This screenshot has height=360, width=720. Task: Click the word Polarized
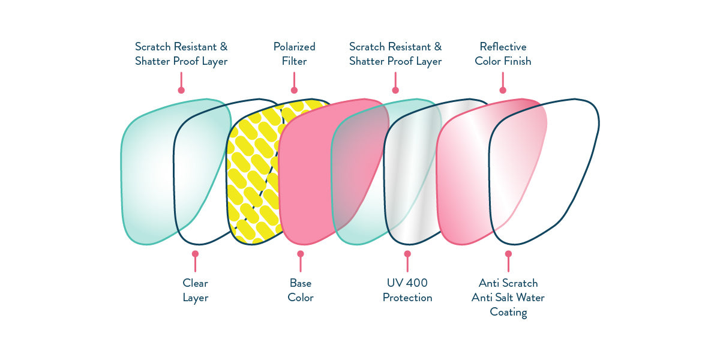click(294, 47)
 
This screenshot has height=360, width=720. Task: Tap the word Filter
click(294, 61)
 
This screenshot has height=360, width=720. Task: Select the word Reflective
click(503, 47)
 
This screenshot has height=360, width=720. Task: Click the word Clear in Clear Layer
click(195, 283)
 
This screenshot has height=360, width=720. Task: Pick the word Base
click(301, 283)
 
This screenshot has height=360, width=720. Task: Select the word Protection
click(407, 298)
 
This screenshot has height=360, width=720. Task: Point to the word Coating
click(508, 312)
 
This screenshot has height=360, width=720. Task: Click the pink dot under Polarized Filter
click(294, 90)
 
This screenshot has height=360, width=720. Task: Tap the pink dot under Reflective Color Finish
click(503, 90)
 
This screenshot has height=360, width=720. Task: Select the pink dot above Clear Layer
click(195, 254)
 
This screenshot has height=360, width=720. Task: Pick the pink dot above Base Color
click(301, 254)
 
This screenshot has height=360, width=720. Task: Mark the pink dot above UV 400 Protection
click(407, 254)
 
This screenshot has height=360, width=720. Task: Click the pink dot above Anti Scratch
click(508, 254)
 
